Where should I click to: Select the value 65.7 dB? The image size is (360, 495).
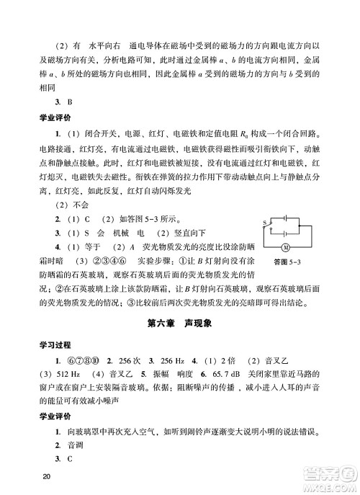(224, 375)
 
